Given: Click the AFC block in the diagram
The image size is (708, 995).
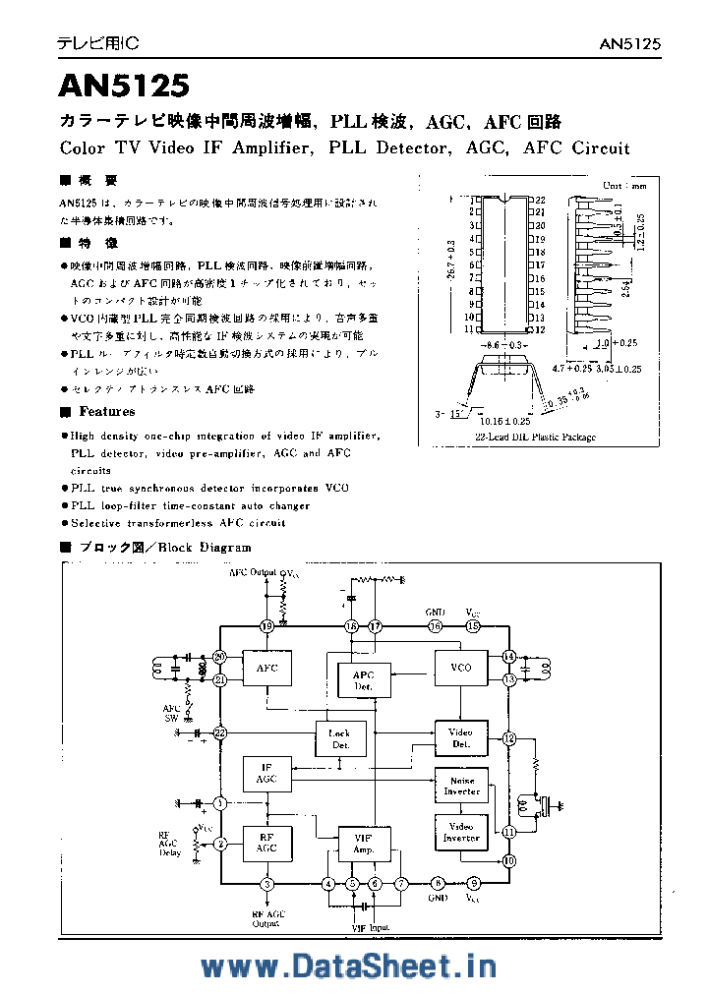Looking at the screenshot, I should tap(266, 669).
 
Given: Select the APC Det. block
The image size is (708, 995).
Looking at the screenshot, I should tap(363, 680).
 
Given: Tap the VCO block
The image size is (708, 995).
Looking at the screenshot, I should tap(461, 668).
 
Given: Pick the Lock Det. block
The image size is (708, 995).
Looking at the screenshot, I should tap(340, 739).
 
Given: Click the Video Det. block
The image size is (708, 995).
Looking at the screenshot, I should tap(461, 738).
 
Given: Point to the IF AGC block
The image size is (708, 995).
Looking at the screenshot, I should tap(266, 773).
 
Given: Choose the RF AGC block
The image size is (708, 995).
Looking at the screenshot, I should tap(266, 843).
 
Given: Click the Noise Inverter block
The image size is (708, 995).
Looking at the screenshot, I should tap(461, 786).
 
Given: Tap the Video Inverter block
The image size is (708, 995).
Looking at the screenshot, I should tap(461, 832).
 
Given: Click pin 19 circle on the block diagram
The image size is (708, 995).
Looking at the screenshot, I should tap(266, 626).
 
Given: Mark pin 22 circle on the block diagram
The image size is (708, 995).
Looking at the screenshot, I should tap(219, 732).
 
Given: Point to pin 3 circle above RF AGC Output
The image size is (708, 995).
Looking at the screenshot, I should tap(266, 883).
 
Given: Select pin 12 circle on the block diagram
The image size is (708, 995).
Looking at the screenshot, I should tap(509, 737).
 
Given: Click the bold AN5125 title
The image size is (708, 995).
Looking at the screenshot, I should tap(125, 88).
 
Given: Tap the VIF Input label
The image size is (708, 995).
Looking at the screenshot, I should tap(370, 926).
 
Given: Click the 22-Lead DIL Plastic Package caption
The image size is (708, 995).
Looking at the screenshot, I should tap(535, 437).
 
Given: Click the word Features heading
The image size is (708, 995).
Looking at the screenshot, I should tap(106, 412).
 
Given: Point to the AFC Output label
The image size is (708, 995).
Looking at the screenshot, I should tap(253, 571).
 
